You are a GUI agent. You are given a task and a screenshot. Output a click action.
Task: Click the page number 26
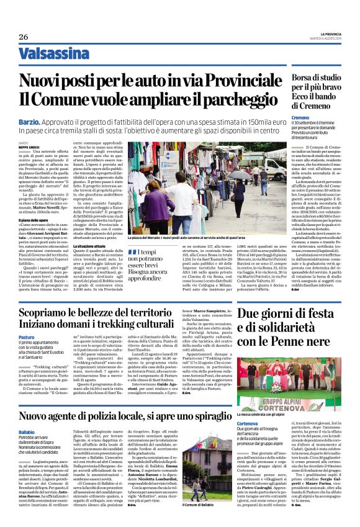click(23, 37)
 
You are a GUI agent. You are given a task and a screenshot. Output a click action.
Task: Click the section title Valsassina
click(52, 55)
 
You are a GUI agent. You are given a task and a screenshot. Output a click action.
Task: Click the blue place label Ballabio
click(27, 431)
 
